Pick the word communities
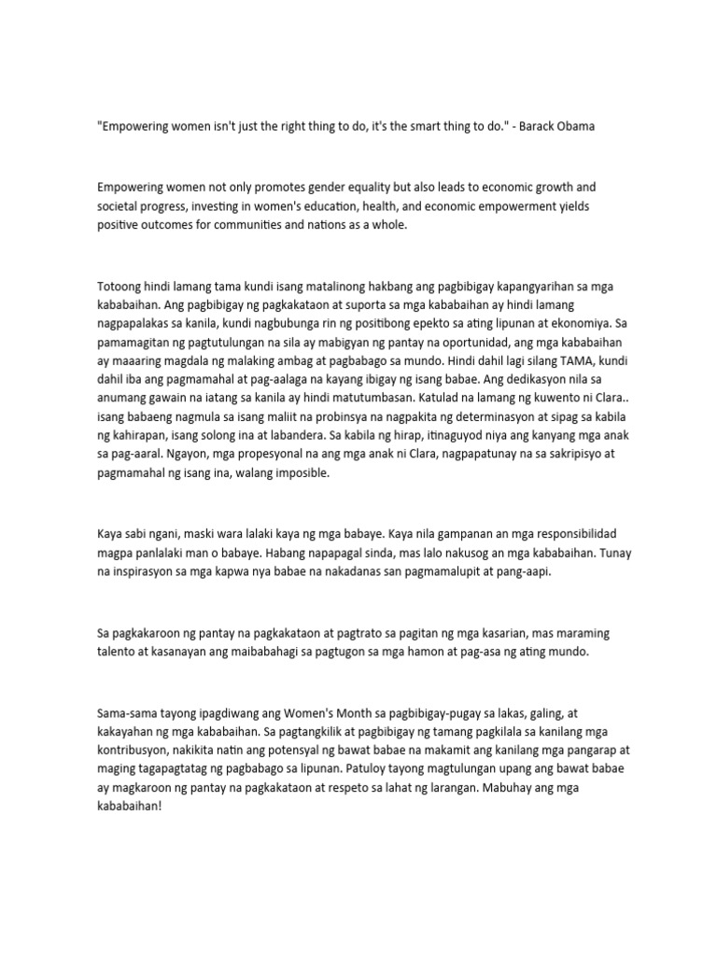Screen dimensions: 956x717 coord(260,226)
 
